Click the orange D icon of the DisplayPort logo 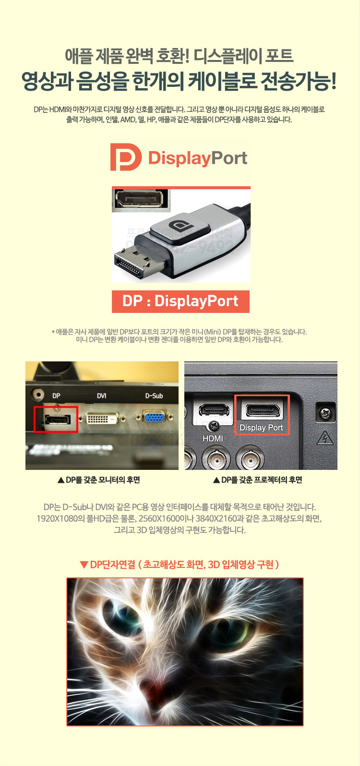click(x=125, y=157)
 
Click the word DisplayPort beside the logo click(x=198, y=158)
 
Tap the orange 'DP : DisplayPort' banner click(x=180, y=301)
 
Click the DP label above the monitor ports click(x=56, y=395)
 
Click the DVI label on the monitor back click(x=102, y=395)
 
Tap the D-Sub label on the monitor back click(x=154, y=395)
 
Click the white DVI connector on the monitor click(x=102, y=418)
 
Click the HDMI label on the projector click(x=213, y=438)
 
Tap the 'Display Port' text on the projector click(x=261, y=428)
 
